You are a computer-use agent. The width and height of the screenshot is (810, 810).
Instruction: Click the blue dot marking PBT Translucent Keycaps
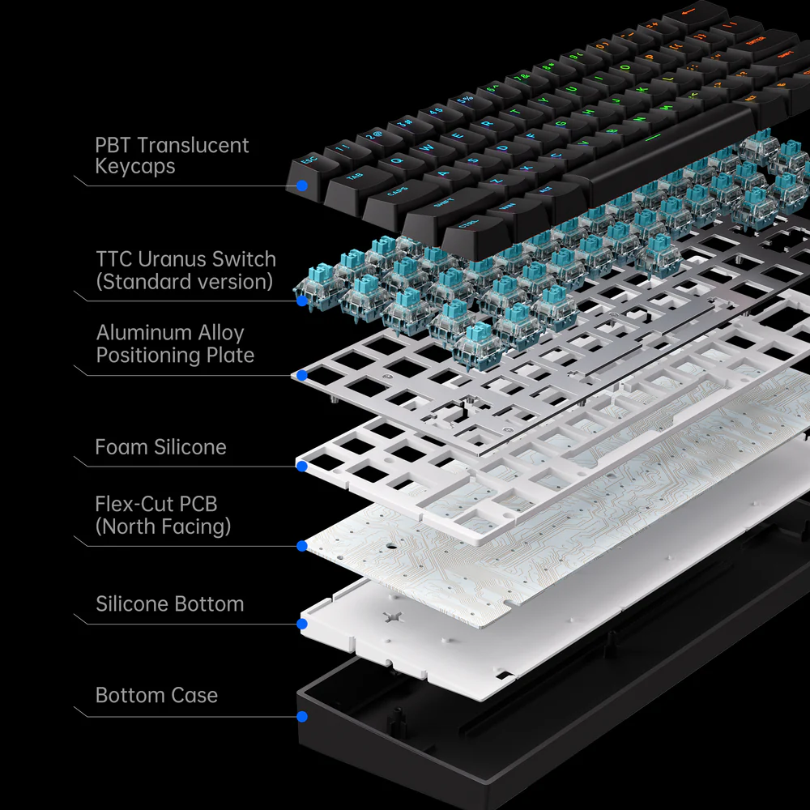tap(301, 185)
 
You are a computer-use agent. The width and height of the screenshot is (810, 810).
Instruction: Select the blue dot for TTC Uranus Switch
tap(301, 301)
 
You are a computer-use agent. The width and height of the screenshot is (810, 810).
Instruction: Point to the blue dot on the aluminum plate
tap(301, 375)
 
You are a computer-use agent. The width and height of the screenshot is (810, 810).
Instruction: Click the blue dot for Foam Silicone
tap(301, 466)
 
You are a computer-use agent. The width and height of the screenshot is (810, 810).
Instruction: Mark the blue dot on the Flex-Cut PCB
tap(301, 546)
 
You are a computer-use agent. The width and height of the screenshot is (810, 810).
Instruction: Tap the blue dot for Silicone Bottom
tap(301, 624)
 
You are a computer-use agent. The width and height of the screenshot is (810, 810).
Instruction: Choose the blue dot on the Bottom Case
tap(301, 716)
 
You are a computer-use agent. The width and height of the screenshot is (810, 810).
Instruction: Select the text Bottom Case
tap(156, 695)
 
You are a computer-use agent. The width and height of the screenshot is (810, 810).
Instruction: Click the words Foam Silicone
tap(160, 447)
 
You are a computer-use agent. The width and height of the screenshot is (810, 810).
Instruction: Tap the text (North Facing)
tap(163, 526)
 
